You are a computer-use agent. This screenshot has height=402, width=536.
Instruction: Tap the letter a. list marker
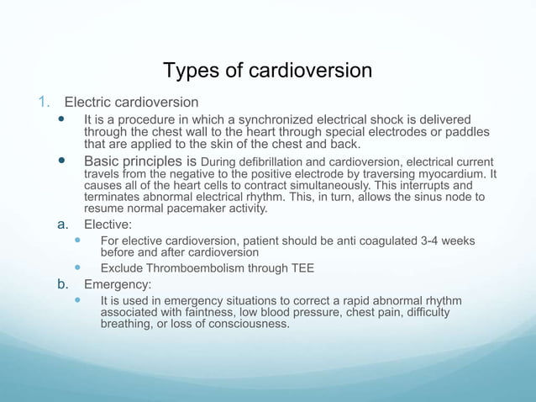point(62,225)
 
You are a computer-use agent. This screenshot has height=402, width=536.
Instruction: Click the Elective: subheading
point(108,225)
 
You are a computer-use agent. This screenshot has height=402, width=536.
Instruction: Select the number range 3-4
point(429,241)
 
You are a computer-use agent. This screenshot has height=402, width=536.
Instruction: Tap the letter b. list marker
point(62,284)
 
